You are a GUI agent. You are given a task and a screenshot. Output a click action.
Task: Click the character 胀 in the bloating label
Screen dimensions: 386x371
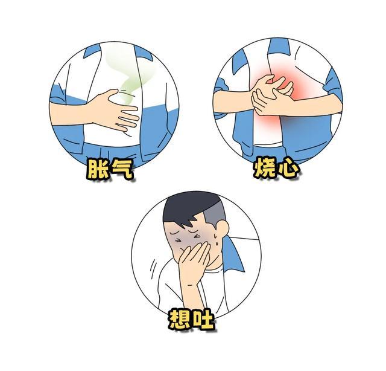[x=98, y=169]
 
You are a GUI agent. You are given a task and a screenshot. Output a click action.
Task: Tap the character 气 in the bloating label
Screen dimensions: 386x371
[x=122, y=169]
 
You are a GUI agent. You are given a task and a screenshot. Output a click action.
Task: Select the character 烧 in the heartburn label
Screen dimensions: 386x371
[x=264, y=168]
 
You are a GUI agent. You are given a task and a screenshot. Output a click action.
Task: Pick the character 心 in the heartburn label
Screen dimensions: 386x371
[x=288, y=168]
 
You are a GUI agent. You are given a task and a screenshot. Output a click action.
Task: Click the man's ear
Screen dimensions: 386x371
[x=223, y=229]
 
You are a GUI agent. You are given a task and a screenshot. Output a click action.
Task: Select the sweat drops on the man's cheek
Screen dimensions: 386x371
[x=215, y=239]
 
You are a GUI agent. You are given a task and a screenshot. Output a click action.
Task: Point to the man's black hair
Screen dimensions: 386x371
[x=192, y=208]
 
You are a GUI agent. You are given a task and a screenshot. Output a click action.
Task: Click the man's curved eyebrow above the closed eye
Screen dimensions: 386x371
[x=176, y=233]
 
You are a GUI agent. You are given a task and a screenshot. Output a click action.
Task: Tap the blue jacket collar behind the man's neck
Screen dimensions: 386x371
[x=233, y=254]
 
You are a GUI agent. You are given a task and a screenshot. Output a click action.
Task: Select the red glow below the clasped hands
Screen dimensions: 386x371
[x=268, y=121]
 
